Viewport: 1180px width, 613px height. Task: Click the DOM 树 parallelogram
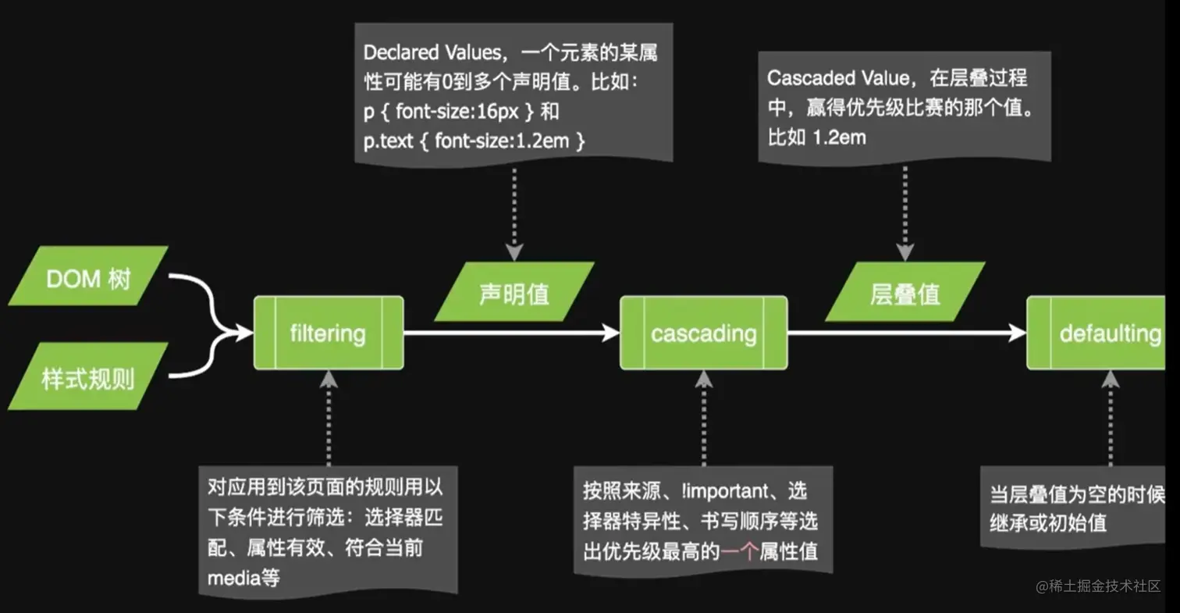pyautogui.click(x=87, y=276)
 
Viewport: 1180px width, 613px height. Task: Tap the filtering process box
pyautogui.click(x=328, y=333)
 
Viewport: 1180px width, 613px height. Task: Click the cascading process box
pyautogui.click(x=703, y=333)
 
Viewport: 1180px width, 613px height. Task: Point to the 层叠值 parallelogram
pyautogui.click(x=905, y=293)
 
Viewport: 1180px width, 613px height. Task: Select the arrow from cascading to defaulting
pyautogui.click(x=905, y=333)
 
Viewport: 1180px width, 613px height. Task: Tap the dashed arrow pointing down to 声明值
pyautogui.click(x=514, y=211)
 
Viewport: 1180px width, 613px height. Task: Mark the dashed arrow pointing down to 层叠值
pyautogui.click(x=905, y=211)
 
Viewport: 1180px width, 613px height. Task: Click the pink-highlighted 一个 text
pyautogui.click(x=740, y=551)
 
